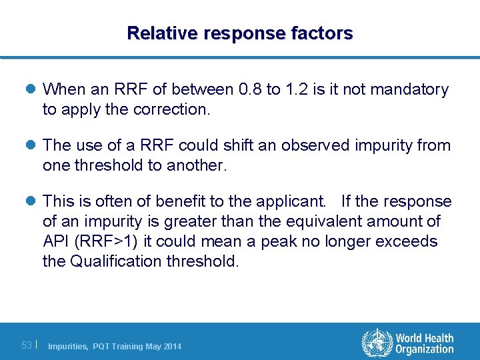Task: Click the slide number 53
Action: [27, 345]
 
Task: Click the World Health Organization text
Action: [424, 343]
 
